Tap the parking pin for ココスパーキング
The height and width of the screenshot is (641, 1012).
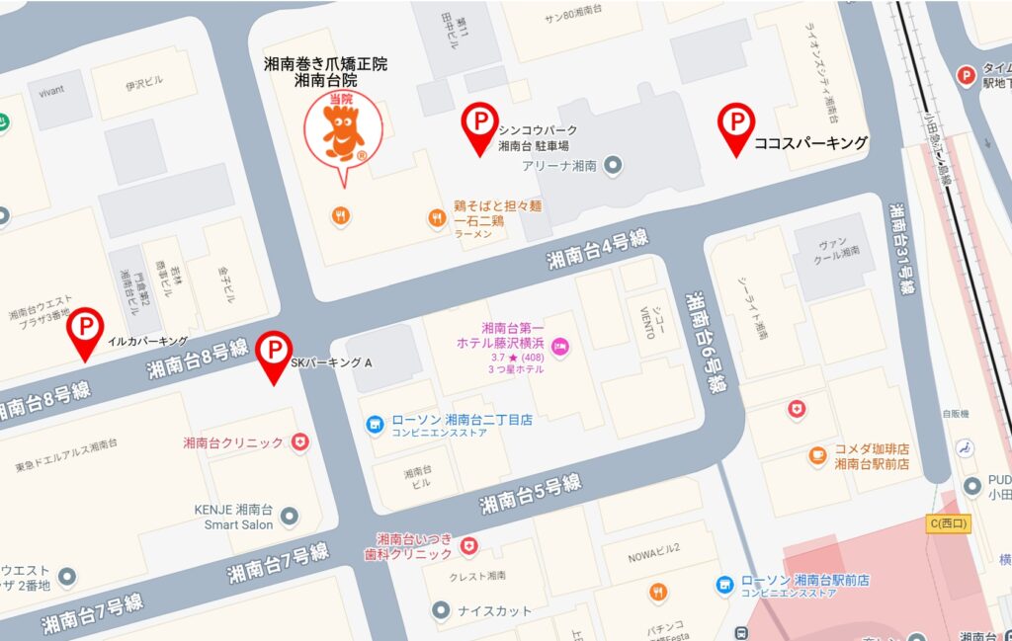736,124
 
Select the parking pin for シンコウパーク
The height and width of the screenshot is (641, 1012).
479,124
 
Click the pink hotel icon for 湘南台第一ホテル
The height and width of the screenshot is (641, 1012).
559,347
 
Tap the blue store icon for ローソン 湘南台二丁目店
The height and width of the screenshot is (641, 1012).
375,425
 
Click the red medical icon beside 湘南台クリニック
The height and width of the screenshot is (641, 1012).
300,442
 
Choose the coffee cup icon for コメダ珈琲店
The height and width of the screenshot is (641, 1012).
817,455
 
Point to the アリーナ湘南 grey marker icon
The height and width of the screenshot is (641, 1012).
613,165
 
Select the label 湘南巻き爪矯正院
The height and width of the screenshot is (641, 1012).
325,64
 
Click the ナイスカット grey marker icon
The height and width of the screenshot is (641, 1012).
437,610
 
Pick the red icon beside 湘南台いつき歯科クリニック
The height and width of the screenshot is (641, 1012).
469,545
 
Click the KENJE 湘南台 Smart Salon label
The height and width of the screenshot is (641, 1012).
233,518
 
